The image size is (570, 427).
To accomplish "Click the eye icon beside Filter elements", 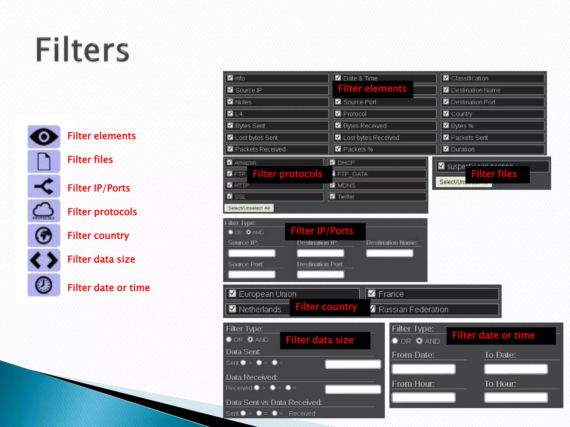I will coord(44,136).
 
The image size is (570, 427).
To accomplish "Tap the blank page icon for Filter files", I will coord(44,161).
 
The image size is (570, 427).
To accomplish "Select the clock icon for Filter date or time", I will coord(44,285).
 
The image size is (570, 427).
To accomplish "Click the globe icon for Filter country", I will coord(44,235).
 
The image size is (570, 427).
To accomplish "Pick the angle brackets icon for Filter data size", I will coord(44,260).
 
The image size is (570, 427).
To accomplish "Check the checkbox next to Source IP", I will coord(230,90).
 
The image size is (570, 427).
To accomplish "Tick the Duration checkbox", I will coord(446,149).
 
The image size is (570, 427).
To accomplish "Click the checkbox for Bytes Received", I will coord(338,125).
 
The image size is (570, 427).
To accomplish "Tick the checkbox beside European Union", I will coord(232,294).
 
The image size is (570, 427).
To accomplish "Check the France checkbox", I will coord(372,294).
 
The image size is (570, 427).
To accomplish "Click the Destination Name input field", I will coord(389,253).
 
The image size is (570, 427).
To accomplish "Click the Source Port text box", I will coord(252,275).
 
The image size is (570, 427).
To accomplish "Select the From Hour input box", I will coord(423,398).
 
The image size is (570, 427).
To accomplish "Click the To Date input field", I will coord(516,369).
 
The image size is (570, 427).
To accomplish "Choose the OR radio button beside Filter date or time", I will coord(395,341).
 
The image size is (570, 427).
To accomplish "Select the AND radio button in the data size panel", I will coord(250,339).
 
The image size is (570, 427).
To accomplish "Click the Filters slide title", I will coord(83,50).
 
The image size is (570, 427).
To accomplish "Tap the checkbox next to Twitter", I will coord(332,197).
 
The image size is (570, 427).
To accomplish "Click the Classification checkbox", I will coord(446,78).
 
